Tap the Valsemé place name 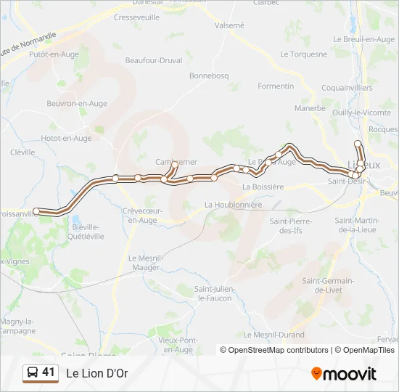[x=229, y=25]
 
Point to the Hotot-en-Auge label [x=66, y=138]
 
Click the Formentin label [x=276, y=86]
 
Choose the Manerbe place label [x=310, y=108]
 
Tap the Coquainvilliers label [x=347, y=88]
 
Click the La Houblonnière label [x=233, y=205]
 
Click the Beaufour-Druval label [x=153, y=60]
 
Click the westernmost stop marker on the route [x=36, y=211]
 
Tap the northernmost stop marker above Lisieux [x=358, y=144]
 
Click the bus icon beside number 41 [x=33, y=373]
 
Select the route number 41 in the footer [x=49, y=372]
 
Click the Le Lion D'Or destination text [x=97, y=374]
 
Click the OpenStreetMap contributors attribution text [x=279, y=350]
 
